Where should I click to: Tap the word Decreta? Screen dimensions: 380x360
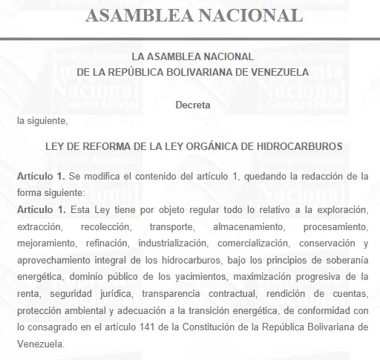(193, 105)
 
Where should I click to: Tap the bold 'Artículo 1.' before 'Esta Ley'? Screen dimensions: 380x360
(42, 209)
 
